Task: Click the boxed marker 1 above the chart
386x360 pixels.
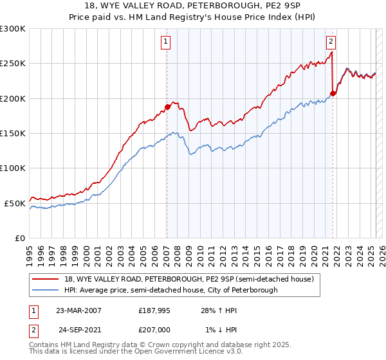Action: (166, 42)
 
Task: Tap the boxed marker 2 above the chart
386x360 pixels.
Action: (331, 42)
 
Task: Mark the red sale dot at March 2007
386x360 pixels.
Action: (167, 107)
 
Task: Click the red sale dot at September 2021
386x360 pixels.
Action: (333, 94)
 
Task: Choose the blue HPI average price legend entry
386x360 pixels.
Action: (170, 290)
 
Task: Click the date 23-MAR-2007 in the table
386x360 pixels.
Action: (78, 310)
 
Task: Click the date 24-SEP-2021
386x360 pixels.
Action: (79, 330)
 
